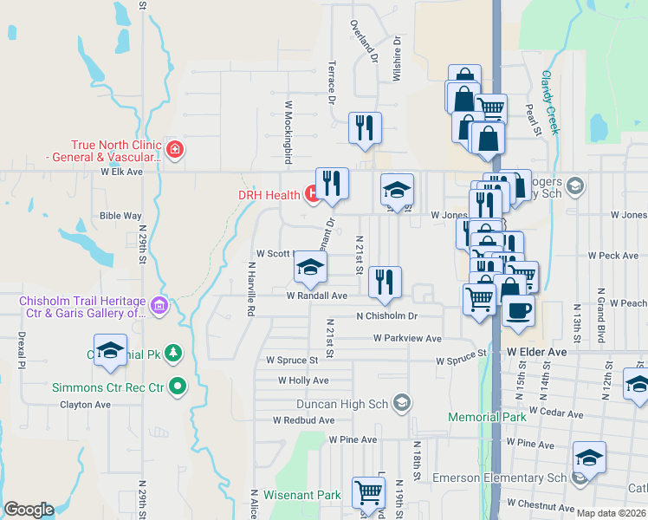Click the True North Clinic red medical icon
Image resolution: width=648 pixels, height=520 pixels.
(x=175, y=150)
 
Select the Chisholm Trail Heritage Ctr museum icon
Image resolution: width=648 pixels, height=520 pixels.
(x=158, y=305)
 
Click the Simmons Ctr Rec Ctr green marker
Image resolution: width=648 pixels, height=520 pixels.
(x=178, y=387)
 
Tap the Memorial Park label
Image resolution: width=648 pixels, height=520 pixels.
(x=487, y=417)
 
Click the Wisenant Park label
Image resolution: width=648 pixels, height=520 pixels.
(x=303, y=496)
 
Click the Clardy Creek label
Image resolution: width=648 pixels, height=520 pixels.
(x=550, y=102)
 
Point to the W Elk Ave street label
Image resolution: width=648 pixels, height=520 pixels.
(x=120, y=172)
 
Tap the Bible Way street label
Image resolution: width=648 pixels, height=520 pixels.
(x=120, y=215)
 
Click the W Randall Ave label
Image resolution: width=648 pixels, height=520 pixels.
(x=317, y=295)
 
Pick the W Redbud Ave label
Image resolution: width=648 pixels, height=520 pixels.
(x=303, y=420)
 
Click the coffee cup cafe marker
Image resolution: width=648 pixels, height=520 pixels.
(x=518, y=310)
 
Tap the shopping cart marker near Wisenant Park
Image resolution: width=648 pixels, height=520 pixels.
(x=369, y=493)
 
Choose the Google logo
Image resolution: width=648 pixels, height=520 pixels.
(x=29, y=510)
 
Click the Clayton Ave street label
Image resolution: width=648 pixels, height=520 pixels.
(x=85, y=404)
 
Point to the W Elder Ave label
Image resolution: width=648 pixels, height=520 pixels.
(x=536, y=352)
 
